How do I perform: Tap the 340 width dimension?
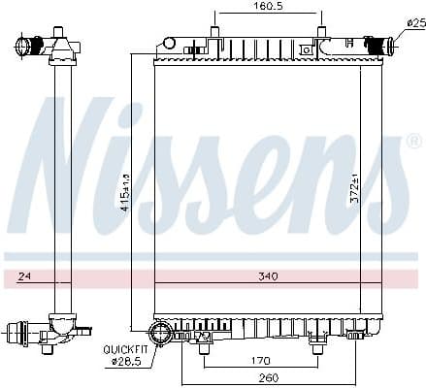click(268, 276)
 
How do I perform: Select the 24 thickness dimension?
click(23, 276)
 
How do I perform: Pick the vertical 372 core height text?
click(354, 187)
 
